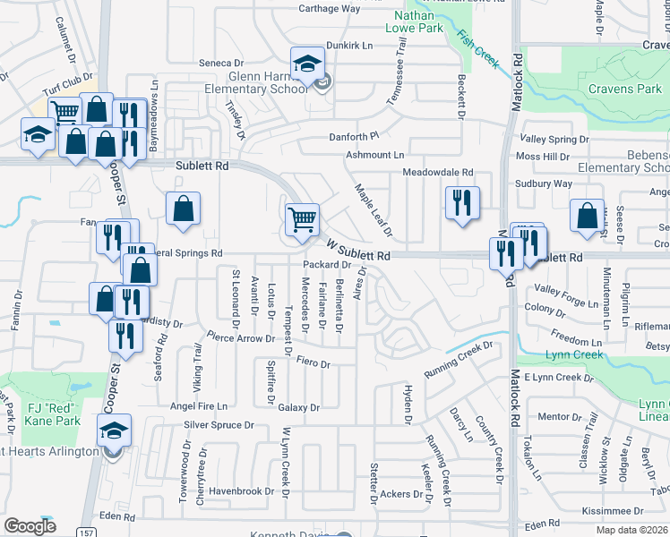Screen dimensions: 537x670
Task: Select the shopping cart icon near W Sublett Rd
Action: [x=302, y=217]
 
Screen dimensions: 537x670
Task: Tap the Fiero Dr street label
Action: [x=314, y=364]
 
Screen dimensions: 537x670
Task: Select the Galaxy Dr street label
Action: [x=298, y=407]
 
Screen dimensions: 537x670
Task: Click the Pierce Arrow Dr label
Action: [x=240, y=338]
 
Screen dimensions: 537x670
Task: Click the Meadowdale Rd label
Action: [x=437, y=172]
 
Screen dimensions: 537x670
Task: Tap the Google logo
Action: [x=30, y=526]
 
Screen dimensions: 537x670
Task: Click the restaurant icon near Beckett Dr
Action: [x=462, y=202]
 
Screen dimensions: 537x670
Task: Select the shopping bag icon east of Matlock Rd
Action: [x=587, y=216]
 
